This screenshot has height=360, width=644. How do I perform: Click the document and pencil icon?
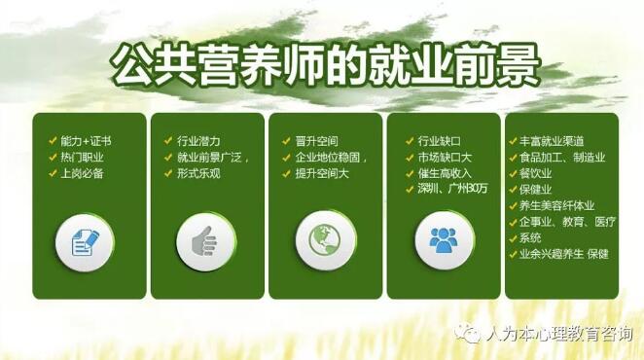coord(86,243)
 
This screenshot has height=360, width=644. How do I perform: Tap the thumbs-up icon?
coord(205,241)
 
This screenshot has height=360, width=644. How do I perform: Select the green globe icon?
coord(325,240)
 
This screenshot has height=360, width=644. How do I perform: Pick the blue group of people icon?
coord(444,240)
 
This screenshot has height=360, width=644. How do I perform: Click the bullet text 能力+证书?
coord(86,141)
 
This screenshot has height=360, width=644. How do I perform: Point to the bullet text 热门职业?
coord(82,158)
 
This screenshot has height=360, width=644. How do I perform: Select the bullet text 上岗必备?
coord(82,173)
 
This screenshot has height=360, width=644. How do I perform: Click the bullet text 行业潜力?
coord(198,141)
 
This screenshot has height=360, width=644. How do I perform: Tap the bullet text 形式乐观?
coord(198,173)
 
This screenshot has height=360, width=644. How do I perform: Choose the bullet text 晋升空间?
coord(317,141)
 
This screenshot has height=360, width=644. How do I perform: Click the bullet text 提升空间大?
coord(322,173)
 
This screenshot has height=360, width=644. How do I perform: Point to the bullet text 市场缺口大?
coord(445,158)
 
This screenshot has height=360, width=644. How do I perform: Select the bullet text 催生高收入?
coord(445,173)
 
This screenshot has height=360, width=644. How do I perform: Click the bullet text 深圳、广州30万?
coord(452,189)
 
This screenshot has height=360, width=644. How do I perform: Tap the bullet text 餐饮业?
coord(536,173)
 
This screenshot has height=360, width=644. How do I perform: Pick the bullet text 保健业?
coord(536,190)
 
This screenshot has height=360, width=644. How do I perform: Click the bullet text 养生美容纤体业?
coord(556,205)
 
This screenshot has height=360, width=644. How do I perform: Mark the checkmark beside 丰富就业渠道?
coord(513,141)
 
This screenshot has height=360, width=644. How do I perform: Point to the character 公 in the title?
coord(133,65)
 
